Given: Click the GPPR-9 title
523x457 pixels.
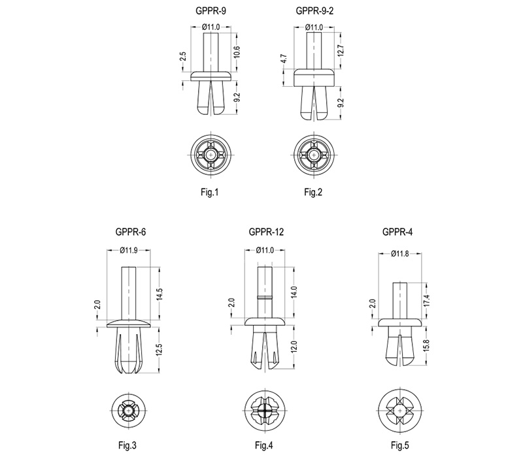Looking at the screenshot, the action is tap(211, 11).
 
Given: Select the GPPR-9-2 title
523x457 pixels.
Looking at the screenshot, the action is tap(314, 11).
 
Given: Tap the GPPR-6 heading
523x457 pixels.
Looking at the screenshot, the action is tap(130, 232).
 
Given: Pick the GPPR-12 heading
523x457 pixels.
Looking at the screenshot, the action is tap(266, 232).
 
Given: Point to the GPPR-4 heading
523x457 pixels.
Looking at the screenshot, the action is tap(397, 232).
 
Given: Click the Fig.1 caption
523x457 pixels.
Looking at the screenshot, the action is tap(209, 192).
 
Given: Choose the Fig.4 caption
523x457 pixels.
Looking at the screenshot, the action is tap(264, 445).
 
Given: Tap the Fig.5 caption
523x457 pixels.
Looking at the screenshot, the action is tap(400, 445).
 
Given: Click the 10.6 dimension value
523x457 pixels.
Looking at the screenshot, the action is tap(237, 52).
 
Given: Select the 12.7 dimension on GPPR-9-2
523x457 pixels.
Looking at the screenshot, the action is tap(341, 51).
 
